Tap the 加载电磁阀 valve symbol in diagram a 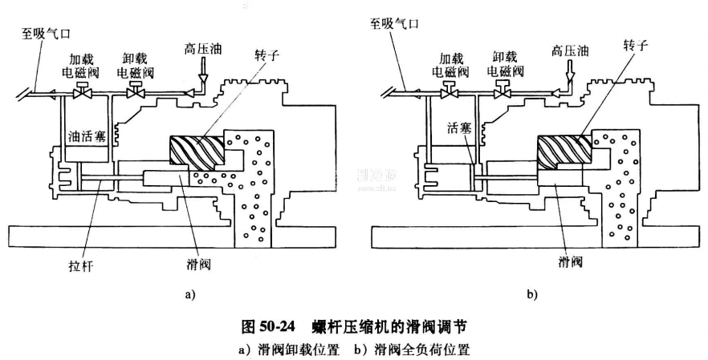click(x=81, y=93)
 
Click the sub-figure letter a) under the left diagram click(x=189, y=295)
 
